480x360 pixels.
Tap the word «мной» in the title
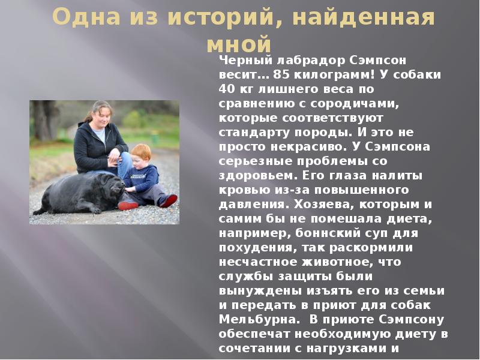238,44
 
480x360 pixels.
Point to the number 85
281,75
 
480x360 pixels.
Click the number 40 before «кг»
226,89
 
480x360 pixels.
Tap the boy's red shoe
169,201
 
